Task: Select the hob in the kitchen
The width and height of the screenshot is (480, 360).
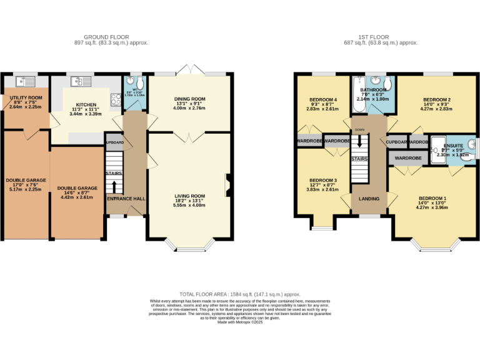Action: click(x=116, y=98)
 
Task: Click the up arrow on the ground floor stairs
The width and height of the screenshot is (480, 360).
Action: click(x=115, y=186)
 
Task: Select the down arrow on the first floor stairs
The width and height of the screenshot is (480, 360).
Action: click(x=360, y=142)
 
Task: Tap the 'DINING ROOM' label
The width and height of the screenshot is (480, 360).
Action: click(x=189, y=99)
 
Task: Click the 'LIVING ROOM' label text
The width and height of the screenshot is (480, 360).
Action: click(x=189, y=196)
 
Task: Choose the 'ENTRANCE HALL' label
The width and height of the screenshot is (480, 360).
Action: click(x=126, y=198)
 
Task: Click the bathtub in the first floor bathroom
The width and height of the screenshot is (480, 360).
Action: click(x=359, y=94)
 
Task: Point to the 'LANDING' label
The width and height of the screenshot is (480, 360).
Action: click(x=369, y=199)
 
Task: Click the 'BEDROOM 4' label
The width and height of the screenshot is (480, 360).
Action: click(x=322, y=99)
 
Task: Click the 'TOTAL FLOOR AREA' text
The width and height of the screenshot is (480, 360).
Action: click(x=240, y=294)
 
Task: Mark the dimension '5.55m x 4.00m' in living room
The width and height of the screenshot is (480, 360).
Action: click(x=189, y=205)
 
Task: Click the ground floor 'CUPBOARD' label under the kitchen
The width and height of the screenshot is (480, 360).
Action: click(x=114, y=142)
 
